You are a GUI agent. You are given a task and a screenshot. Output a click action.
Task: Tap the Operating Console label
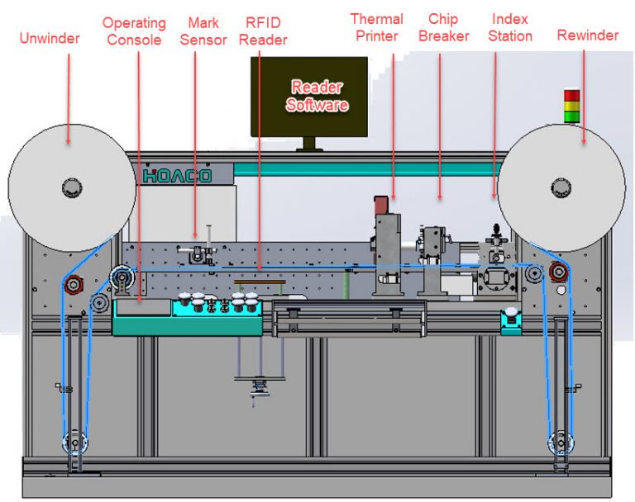point(134,31)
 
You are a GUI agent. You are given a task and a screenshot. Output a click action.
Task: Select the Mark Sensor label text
point(203,31)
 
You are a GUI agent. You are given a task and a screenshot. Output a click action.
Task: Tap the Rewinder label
point(587,36)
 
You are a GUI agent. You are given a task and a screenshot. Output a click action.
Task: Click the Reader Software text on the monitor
point(316,96)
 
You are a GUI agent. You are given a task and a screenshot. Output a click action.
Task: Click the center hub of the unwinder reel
point(73,186)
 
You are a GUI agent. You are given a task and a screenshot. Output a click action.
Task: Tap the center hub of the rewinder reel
point(565,186)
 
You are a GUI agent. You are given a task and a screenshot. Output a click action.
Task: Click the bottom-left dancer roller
point(75,443)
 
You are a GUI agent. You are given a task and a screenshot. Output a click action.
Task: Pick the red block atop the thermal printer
point(381,206)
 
